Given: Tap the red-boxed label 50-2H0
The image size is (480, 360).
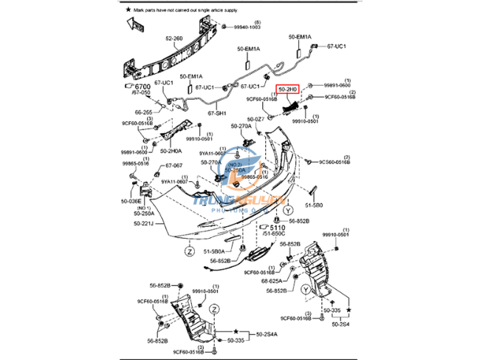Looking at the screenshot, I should click(x=287, y=90).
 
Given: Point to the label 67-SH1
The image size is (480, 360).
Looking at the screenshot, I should click(x=216, y=113).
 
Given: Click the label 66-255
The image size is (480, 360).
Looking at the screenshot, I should click(x=143, y=113).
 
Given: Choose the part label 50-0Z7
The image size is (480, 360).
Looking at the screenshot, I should click(x=256, y=118).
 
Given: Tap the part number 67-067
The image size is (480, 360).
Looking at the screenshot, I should click(x=173, y=166).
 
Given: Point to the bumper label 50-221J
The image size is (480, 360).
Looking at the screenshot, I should click(x=144, y=223).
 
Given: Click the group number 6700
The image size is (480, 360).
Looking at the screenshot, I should click(x=141, y=86).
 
